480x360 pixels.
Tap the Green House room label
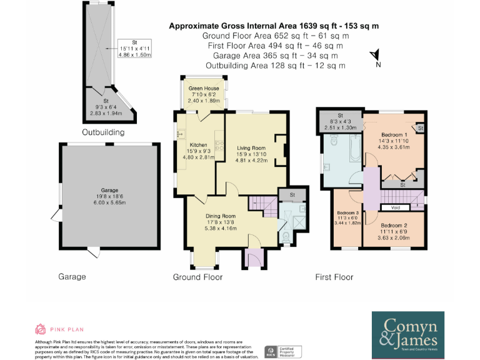(x=204, y=88)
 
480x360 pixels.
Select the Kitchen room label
(x=198, y=144)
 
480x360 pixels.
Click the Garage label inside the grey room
(x=109, y=190)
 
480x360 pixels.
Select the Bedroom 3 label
(x=347, y=212)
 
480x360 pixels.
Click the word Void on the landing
(x=395, y=207)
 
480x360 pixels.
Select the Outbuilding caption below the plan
(x=103, y=132)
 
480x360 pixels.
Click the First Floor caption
(x=334, y=277)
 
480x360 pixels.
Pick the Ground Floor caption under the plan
(x=197, y=277)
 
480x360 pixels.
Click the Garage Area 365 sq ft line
(x=274, y=56)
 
